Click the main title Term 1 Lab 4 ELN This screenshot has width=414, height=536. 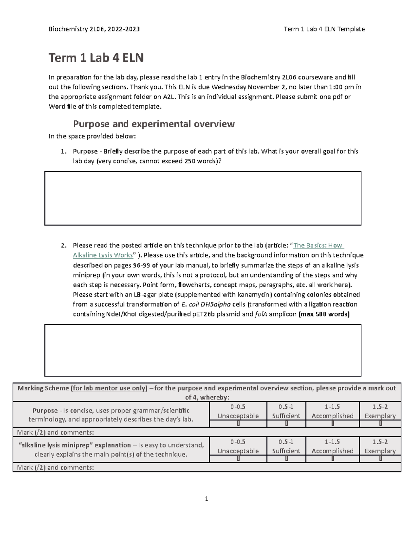tap(96, 58)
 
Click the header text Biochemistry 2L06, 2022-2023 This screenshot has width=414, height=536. tap(94, 29)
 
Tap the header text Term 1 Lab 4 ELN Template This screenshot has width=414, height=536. tap(324, 29)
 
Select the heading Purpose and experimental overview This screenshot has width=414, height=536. tap(154, 124)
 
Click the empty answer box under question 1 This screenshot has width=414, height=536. tap(203, 198)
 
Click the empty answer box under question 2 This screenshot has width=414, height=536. tap(203, 350)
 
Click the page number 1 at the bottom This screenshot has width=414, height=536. tap(206, 499)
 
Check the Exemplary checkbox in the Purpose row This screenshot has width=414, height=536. tap(380, 423)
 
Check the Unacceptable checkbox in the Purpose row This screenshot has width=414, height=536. tap(238, 423)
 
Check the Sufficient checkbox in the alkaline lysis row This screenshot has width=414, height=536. tap(286, 459)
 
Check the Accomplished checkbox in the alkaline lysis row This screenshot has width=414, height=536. tap(333, 459)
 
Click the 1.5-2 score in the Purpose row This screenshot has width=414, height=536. tap(380, 407)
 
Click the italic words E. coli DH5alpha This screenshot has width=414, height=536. tap(206, 304)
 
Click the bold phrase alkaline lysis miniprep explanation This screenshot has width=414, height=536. tap(74, 445)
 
